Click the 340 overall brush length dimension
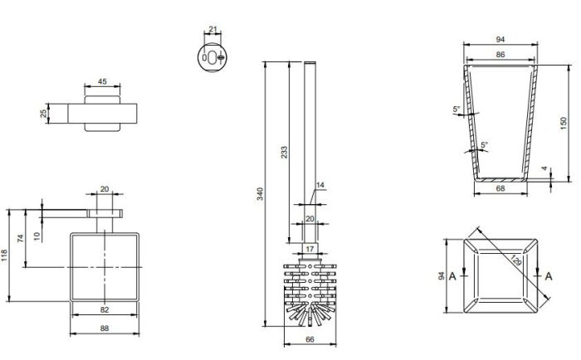click(260, 194)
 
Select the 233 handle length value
click(284, 153)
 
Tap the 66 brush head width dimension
click(310, 339)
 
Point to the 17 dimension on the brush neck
click(310, 249)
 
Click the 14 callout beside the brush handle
click(320, 185)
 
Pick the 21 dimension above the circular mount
click(212, 29)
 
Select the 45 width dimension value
click(102, 81)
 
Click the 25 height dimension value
click(44, 114)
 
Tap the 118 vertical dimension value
click(4, 255)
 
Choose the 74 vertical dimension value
click(21, 238)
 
